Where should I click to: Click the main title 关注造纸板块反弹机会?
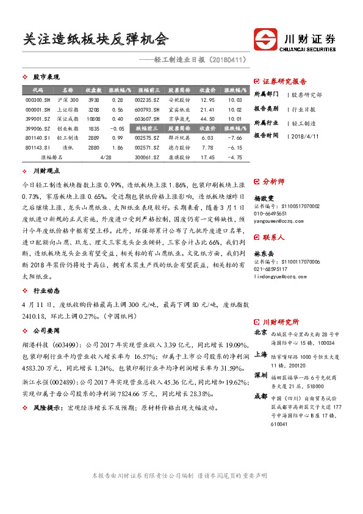(x=95, y=39)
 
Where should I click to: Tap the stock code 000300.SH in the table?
(x=38, y=100)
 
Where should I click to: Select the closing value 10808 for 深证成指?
(x=93, y=119)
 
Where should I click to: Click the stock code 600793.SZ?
(x=147, y=109)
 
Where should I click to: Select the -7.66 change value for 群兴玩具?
(x=235, y=139)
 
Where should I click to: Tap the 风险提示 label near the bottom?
(x=49, y=407)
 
